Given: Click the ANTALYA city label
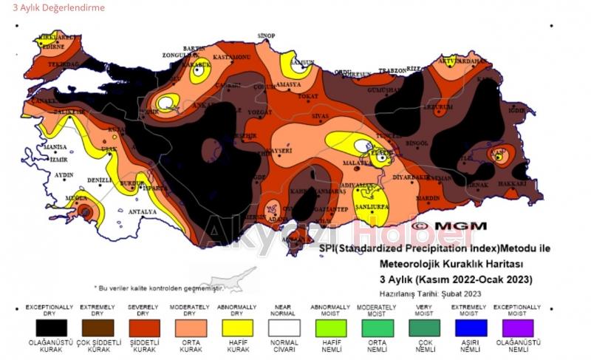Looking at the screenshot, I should point(143,212).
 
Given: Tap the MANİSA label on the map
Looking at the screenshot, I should point(55,147).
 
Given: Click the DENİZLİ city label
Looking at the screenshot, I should point(100,180).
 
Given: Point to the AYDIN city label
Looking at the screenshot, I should point(64,175).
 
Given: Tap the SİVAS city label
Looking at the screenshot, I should point(319,116).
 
